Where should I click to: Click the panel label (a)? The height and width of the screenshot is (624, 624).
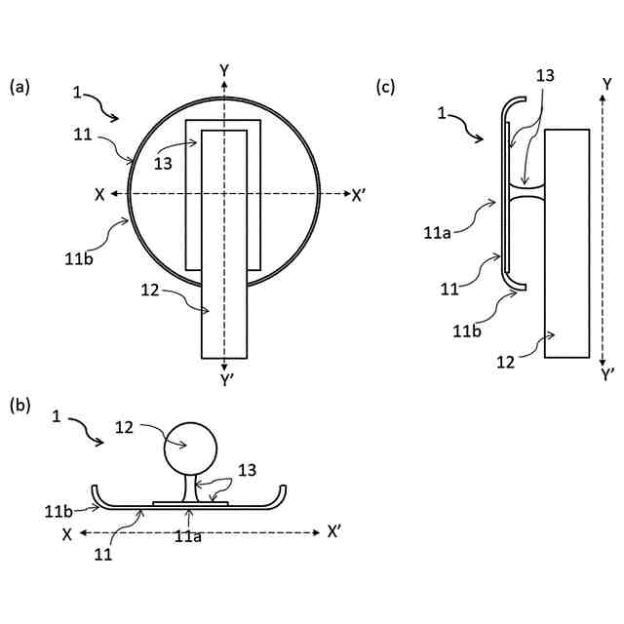[x=19, y=87]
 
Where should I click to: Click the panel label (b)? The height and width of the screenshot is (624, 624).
[x=19, y=403]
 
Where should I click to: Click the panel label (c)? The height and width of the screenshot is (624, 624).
[x=386, y=87]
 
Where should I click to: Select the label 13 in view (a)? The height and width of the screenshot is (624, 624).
[x=164, y=163]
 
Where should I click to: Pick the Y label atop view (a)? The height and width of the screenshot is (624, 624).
[x=224, y=70]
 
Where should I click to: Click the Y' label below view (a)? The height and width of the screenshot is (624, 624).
[x=226, y=380]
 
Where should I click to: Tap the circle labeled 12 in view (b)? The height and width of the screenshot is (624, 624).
[x=189, y=449]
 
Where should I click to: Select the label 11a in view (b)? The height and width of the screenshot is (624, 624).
[x=188, y=535]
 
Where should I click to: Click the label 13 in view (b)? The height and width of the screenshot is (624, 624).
[x=248, y=471]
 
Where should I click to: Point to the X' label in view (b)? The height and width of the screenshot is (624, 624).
[x=335, y=532]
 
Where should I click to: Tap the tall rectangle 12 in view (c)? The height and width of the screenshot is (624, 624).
[x=566, y=244]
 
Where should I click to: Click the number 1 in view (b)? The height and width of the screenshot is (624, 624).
[x=58, y=416]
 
